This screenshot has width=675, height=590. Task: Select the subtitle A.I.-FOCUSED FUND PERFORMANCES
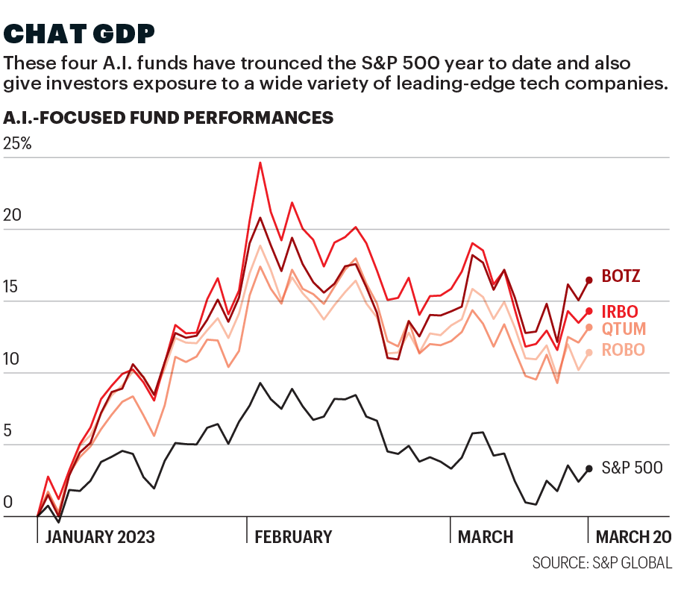[x=168, y=118]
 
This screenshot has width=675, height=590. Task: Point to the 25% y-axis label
[x=18, y=144]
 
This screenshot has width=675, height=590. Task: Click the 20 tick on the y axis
[x=12, y=216]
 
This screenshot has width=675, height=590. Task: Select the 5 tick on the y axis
[x=8, y=431]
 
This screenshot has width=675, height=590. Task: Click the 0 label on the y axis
[x=8, y=503]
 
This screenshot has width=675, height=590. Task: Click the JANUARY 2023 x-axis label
[x=100, y=537]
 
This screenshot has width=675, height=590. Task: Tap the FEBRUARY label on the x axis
[x=293, y=537]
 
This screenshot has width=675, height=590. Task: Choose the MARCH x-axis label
[x=485, y=537]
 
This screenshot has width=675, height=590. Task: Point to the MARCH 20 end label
[x=631, y=537]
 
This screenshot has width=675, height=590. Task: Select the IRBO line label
[x=619, y=311]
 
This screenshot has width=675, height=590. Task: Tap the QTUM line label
[x=624, y=329]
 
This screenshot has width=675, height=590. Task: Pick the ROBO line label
[x=623, y=350]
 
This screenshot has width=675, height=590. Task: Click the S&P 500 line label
[x=632, y=468]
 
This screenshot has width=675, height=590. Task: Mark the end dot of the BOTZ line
[x=589, y=280]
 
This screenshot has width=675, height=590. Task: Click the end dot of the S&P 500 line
[x=589, y=468]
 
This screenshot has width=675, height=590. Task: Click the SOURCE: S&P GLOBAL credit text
[x=602, y=562]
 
